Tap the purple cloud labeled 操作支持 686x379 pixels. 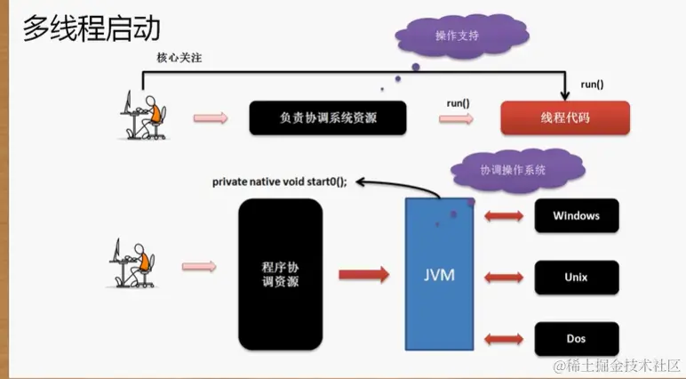459,36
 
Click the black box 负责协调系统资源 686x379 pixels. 328,117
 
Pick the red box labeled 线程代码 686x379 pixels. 564,117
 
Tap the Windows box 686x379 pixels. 576,216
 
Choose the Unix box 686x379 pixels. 576,278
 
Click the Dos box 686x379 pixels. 576,339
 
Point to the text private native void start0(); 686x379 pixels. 279,181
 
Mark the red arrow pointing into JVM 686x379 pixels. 363,274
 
